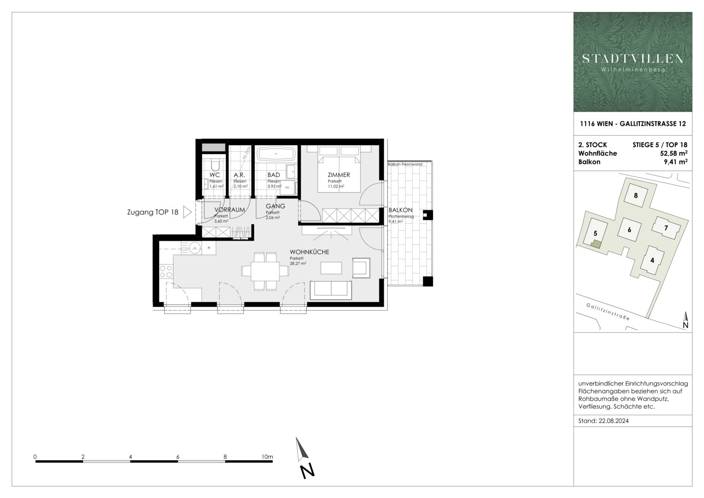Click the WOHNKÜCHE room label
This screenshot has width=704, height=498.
[x=309, y=252]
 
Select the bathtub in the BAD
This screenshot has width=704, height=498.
[x=275, y=154]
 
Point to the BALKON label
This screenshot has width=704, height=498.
[x=400, y=210]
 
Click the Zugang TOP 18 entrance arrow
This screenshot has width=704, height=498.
[x=187, y=213]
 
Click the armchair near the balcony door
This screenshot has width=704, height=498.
[x=361, y=268]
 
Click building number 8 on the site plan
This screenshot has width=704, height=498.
[x=636, y=195]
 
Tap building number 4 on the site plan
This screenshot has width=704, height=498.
[x=652, y=260]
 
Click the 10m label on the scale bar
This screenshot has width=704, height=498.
[x=266, y=457]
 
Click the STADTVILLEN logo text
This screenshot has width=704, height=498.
[x=633, y=59]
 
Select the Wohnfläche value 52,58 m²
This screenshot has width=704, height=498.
[x=674, y=153]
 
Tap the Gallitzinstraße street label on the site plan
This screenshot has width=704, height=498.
[x=608, y=312]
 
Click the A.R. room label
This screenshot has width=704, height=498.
[x=239, y=175]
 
